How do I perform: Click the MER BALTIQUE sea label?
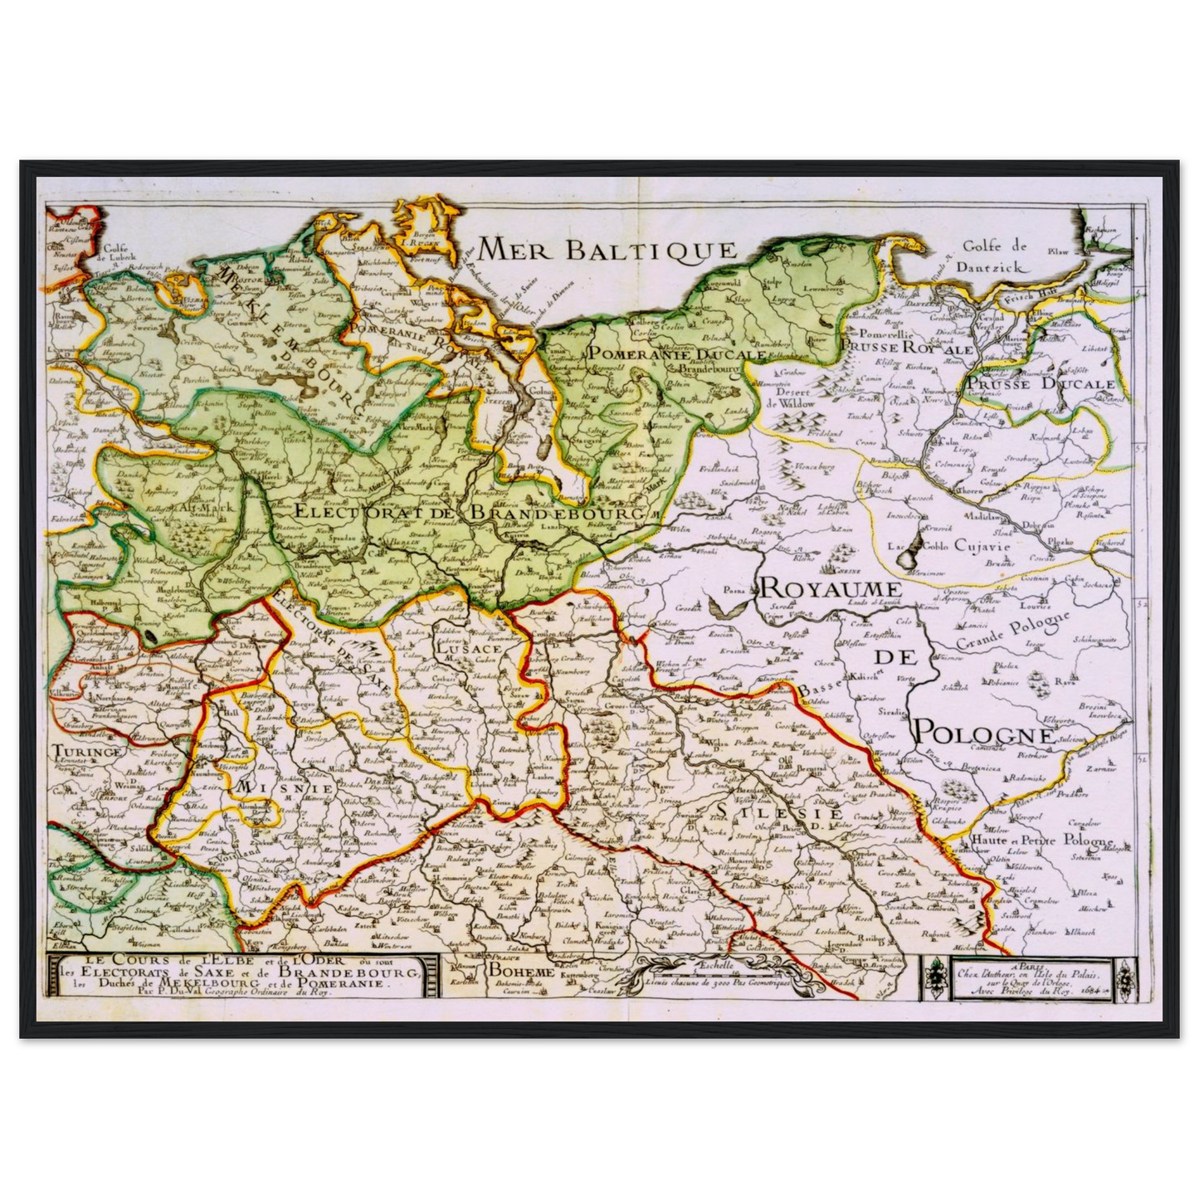pos(608,249)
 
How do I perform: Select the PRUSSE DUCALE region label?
pos(1041,384)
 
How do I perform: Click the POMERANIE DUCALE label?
pos(677,353)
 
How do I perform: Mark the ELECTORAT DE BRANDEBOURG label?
pos(470,513)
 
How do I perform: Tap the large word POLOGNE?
pos(984,733)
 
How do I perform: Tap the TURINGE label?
pos(86,751)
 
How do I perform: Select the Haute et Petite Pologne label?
pos(1041,841)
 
